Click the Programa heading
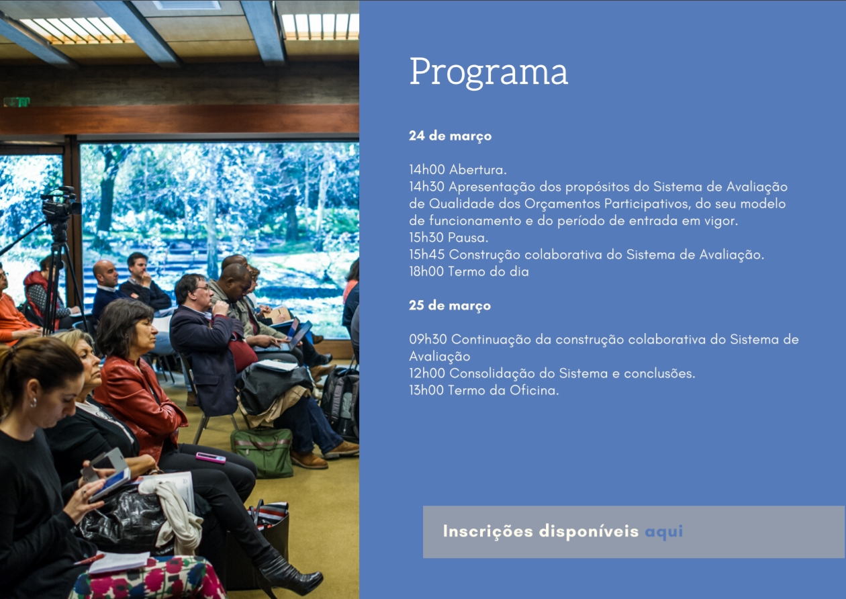[488, 72]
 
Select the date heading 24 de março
[450, 136]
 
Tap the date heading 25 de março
[450, 306]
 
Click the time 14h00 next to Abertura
[427, 170]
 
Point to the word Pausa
[468, 238]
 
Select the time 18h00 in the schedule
[427, 271]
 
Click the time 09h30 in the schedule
[428, 339]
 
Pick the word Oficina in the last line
[534, 390]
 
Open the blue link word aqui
[664, 532]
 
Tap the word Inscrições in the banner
[488, 531]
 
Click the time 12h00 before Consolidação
[427, 373]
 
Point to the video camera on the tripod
[60, 204]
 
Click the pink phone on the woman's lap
[210, 458]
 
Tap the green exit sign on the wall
[17, 101]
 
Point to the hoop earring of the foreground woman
[34, 402]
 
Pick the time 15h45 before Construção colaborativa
[427, 255]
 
